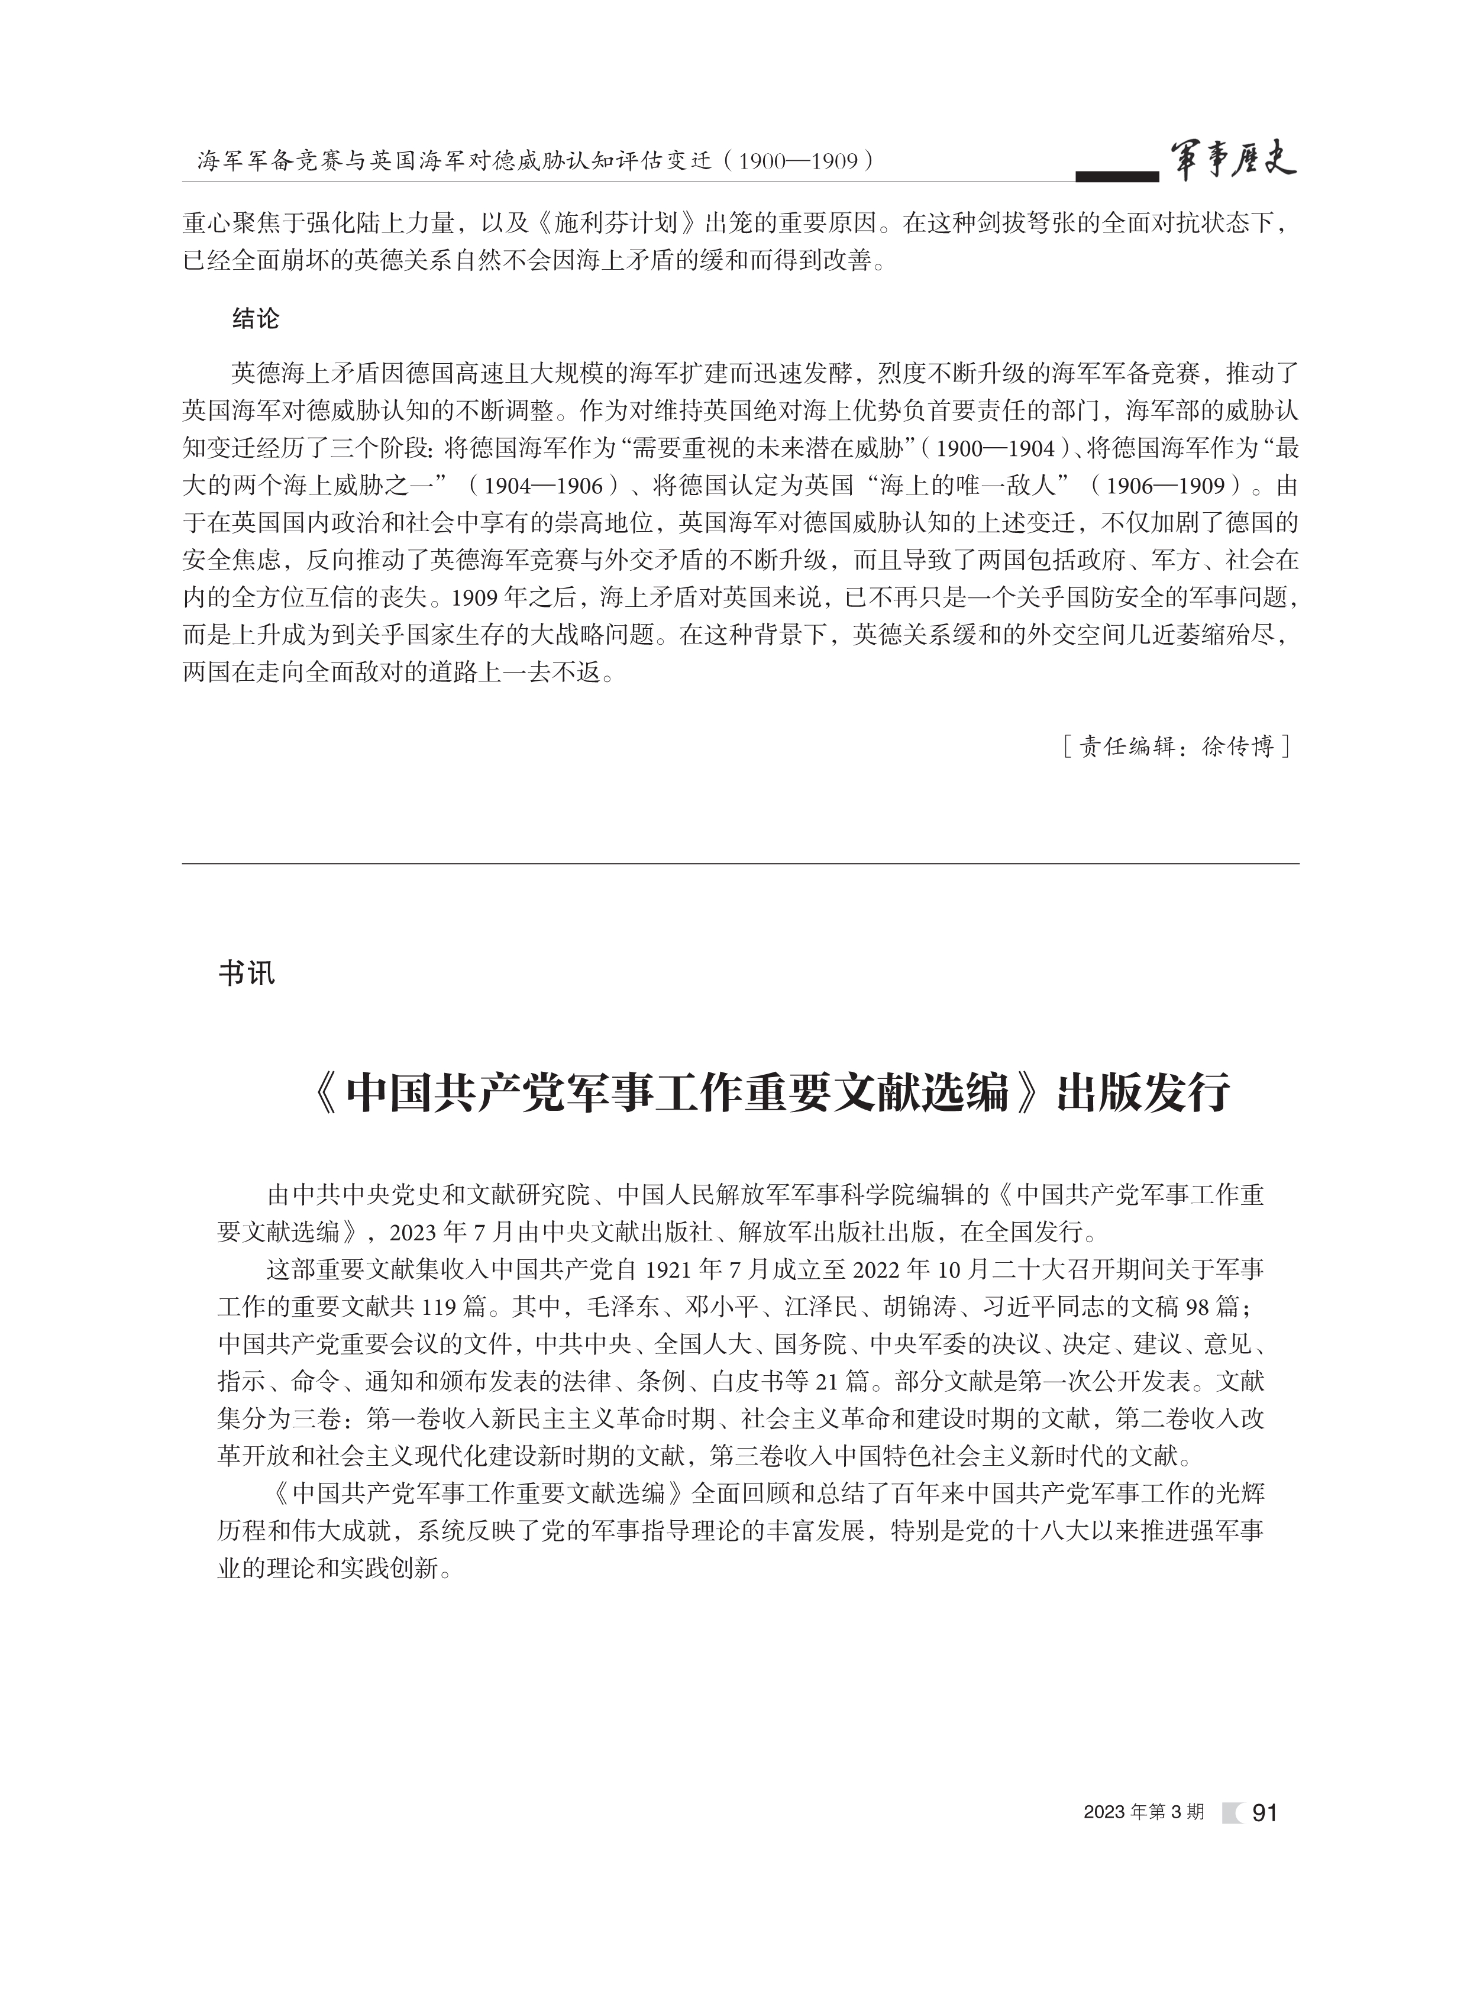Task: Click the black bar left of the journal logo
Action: click(x=1116, y=176)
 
